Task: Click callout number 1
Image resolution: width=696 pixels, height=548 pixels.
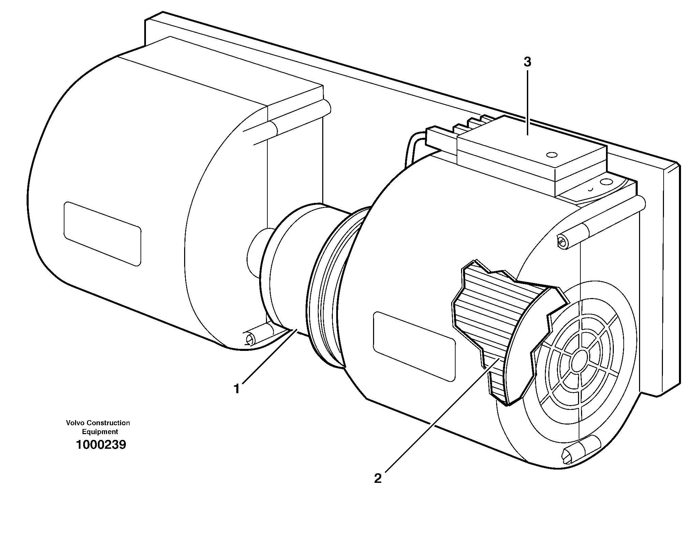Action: pos(237,389)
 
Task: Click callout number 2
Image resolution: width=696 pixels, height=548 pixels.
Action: pos(377,479)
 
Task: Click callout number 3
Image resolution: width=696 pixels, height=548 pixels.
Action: pos(527,62)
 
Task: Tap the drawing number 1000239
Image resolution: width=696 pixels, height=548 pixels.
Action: pos(101,445)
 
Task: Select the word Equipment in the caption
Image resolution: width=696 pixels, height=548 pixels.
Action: pos(100,432)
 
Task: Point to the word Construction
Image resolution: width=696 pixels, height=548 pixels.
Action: pos(108,423)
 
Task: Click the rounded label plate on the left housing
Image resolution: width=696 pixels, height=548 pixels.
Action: pos(102,234)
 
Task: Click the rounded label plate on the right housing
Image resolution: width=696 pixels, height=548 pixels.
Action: pos(414,346)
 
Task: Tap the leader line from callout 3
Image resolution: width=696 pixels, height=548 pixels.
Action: pos(527,102)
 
